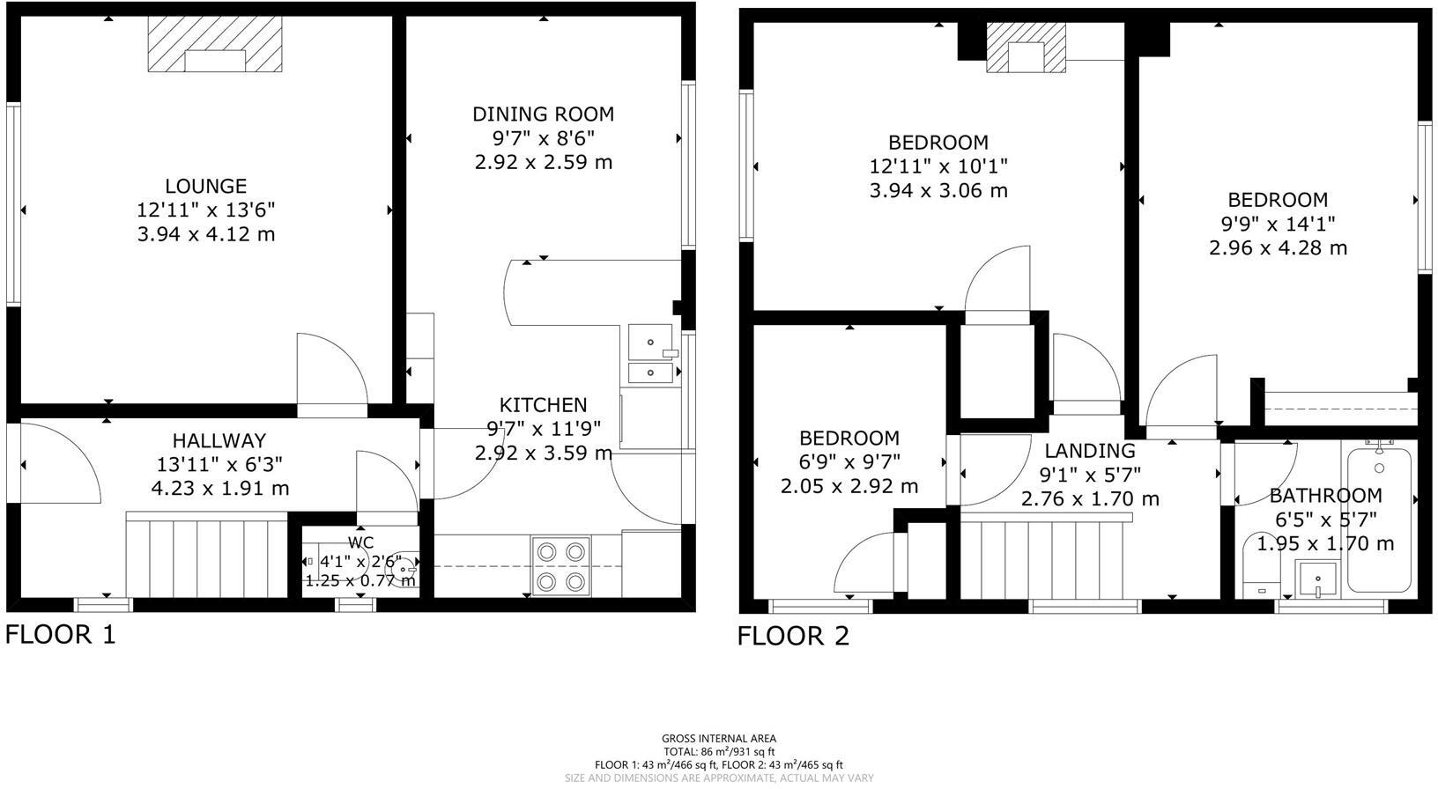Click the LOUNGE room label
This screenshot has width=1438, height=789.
point(205,186)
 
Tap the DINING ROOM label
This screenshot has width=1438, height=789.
point(543,114)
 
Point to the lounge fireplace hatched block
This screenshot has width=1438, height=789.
point(215,44)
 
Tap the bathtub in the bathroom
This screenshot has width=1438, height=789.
point(1379,520)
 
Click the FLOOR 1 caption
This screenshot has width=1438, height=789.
point(60,634)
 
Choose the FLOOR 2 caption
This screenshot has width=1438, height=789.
point(793,636)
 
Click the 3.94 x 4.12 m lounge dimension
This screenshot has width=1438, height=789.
point(205,234)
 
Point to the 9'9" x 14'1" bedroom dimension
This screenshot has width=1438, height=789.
point(1278,224)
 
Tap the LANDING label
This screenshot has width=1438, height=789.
point(1090,451)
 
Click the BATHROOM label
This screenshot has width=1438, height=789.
point(1325,495)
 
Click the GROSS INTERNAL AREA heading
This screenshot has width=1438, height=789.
point(719,739)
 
